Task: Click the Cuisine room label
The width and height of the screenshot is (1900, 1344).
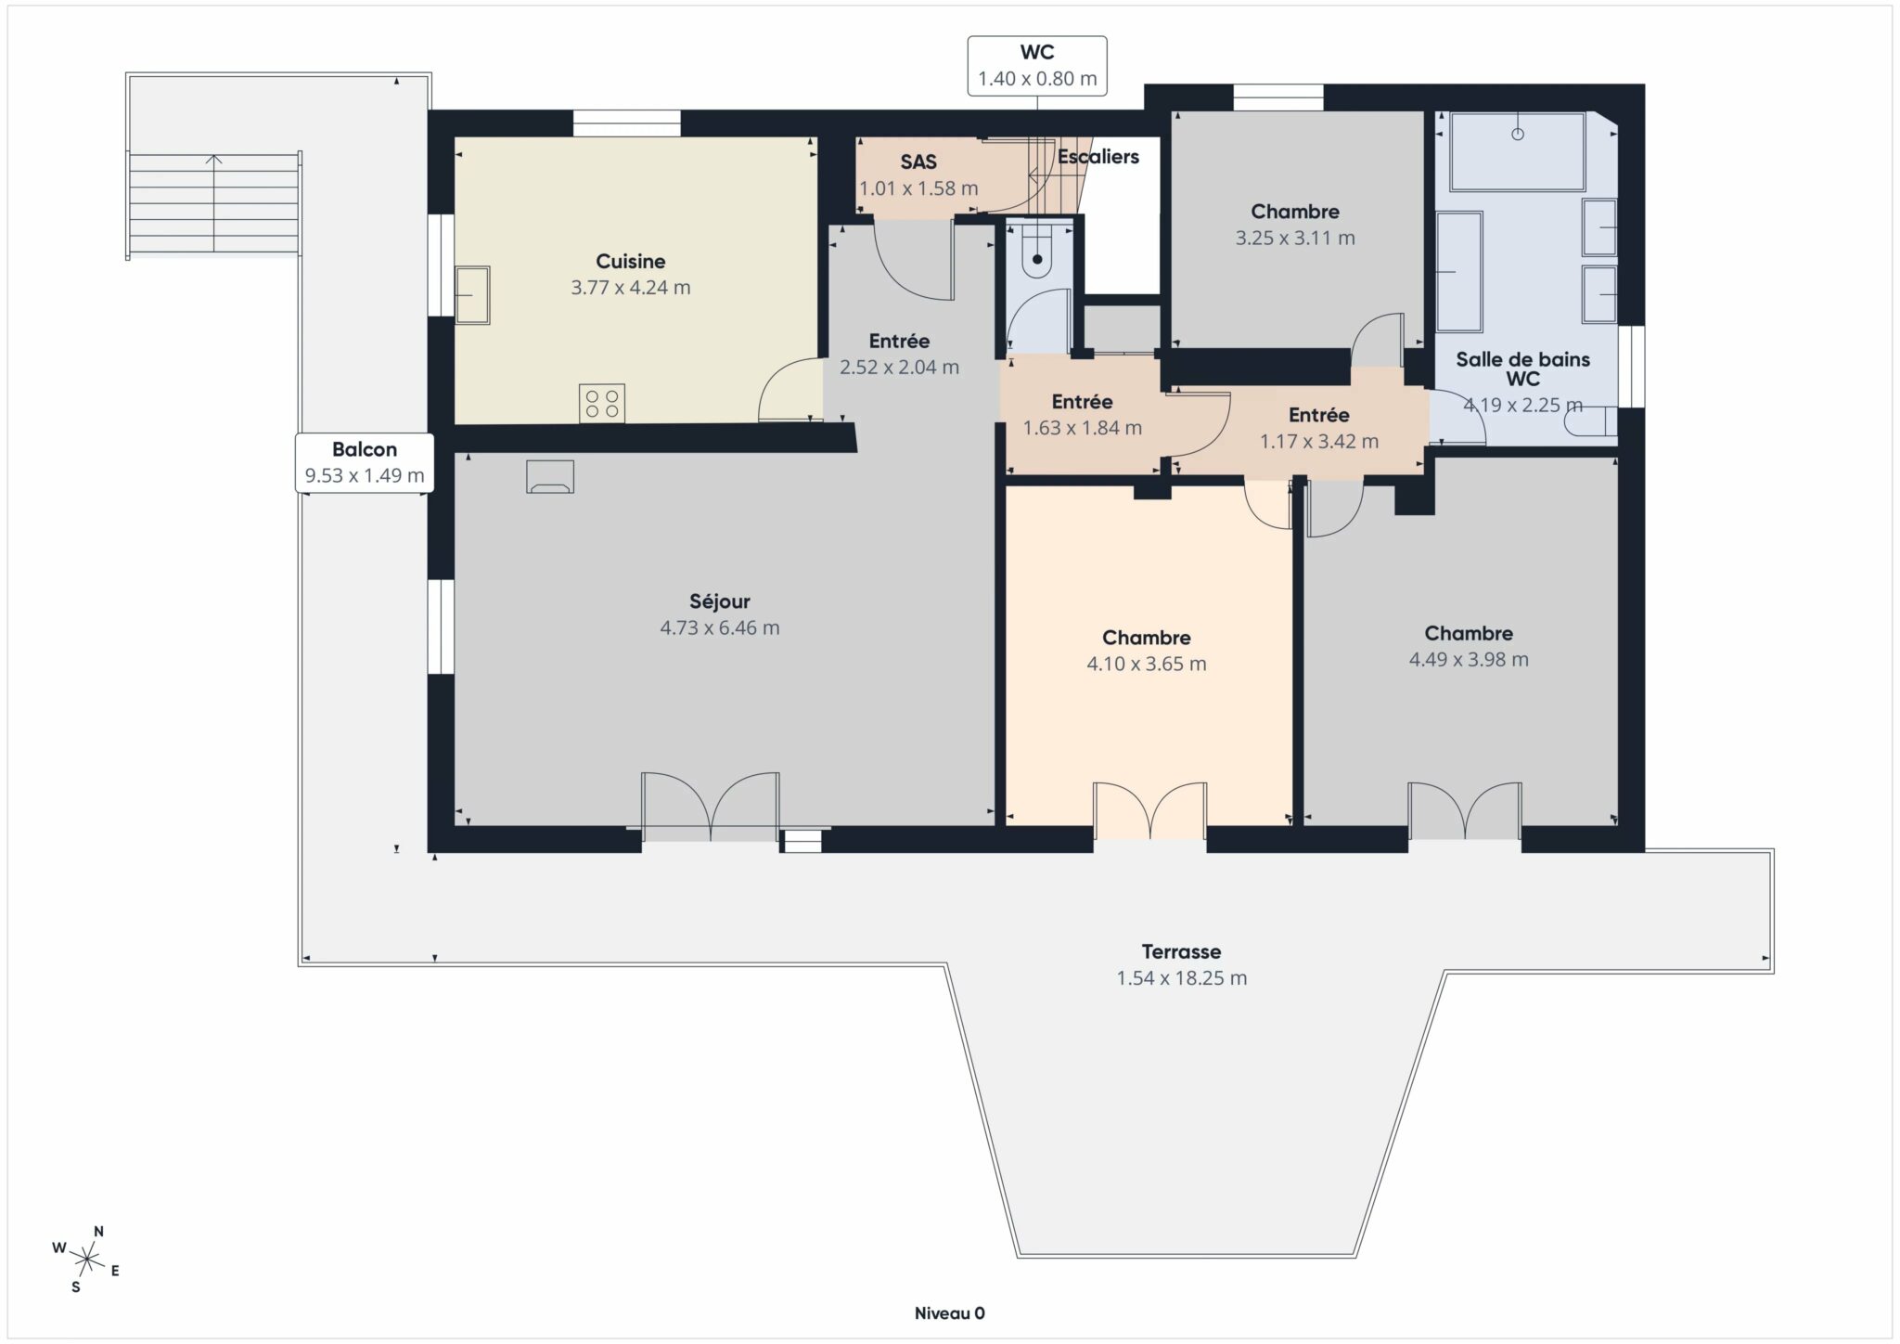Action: [x=630, y=262]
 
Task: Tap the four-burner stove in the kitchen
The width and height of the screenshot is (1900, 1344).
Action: [x=601, y=403]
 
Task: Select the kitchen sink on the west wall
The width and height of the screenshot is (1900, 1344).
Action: [x=472, y=295]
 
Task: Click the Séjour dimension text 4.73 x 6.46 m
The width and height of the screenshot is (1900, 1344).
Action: [x=719, y=628]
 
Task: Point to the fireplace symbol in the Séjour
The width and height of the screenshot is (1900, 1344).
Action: [x=550, y=476]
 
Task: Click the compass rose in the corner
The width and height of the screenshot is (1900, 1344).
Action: [x=86, y=1260]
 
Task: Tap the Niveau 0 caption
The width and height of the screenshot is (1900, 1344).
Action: [x=949, y=1313]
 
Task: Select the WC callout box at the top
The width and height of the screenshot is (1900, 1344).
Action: [x=1036, y=66]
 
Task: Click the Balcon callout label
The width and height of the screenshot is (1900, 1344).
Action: [x=364, y=462]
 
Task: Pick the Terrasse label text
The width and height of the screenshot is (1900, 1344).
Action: [x=1180, y=951]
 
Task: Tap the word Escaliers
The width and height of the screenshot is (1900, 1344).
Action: [x=1098, y=157]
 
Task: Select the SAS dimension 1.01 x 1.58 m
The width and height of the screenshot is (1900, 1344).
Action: [x=918, y=188]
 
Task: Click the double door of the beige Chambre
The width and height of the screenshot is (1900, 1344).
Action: [x=1149, y=810]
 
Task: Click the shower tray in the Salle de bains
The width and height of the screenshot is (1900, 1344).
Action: [x=1517, y=150]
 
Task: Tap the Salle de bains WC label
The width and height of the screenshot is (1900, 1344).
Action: [x=1521, y=369]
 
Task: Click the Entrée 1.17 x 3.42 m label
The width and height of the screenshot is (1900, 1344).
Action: [x=1318, y=428]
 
